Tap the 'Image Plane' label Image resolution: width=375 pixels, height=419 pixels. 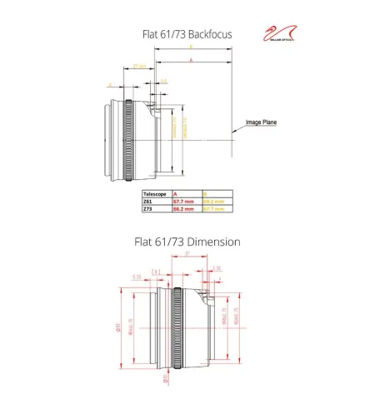(x=260, y=122)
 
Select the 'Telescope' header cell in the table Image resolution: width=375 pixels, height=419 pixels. (x=157, y=193)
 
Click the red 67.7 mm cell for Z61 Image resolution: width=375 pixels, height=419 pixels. (x=183, y=202)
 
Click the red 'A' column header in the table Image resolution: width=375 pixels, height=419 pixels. (x=175, y=193)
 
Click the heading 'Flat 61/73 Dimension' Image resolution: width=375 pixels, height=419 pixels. (x=187, y=242)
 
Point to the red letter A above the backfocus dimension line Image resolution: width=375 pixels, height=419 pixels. (x=192, y=61)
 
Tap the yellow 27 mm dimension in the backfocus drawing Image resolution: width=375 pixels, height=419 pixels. (x=139, y=65)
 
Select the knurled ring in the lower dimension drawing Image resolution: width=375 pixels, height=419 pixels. (x=177, y=327)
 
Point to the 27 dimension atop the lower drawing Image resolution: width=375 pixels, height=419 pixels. (x=187, y=254)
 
